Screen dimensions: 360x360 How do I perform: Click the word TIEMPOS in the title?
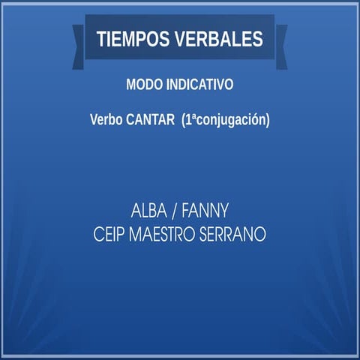131,39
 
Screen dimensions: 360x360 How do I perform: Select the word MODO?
142,85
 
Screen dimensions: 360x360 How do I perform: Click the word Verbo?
106,119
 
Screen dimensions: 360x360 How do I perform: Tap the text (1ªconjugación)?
225,119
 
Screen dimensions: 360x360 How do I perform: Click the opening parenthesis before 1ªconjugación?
184,119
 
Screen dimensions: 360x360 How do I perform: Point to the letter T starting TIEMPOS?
100,39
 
